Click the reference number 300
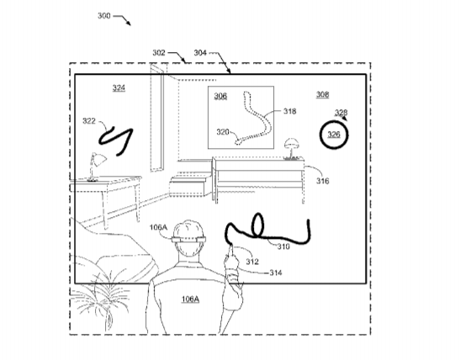(103, 15)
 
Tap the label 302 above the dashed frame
(159, 52)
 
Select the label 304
(200, 53)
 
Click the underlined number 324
(119, 87)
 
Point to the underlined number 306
(220, 96)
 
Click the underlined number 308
(322, 94)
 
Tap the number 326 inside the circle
(334, 135)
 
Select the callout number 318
(289, 111)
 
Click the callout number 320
(223, 132)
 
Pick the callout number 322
(89, 121)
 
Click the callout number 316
(322, 181)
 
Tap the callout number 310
(283, 246)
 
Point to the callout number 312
(252, 262)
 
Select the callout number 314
(276, 273)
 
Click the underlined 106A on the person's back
(190, 299)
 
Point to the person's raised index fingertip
(231, 246)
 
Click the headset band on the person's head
(188, 240)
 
